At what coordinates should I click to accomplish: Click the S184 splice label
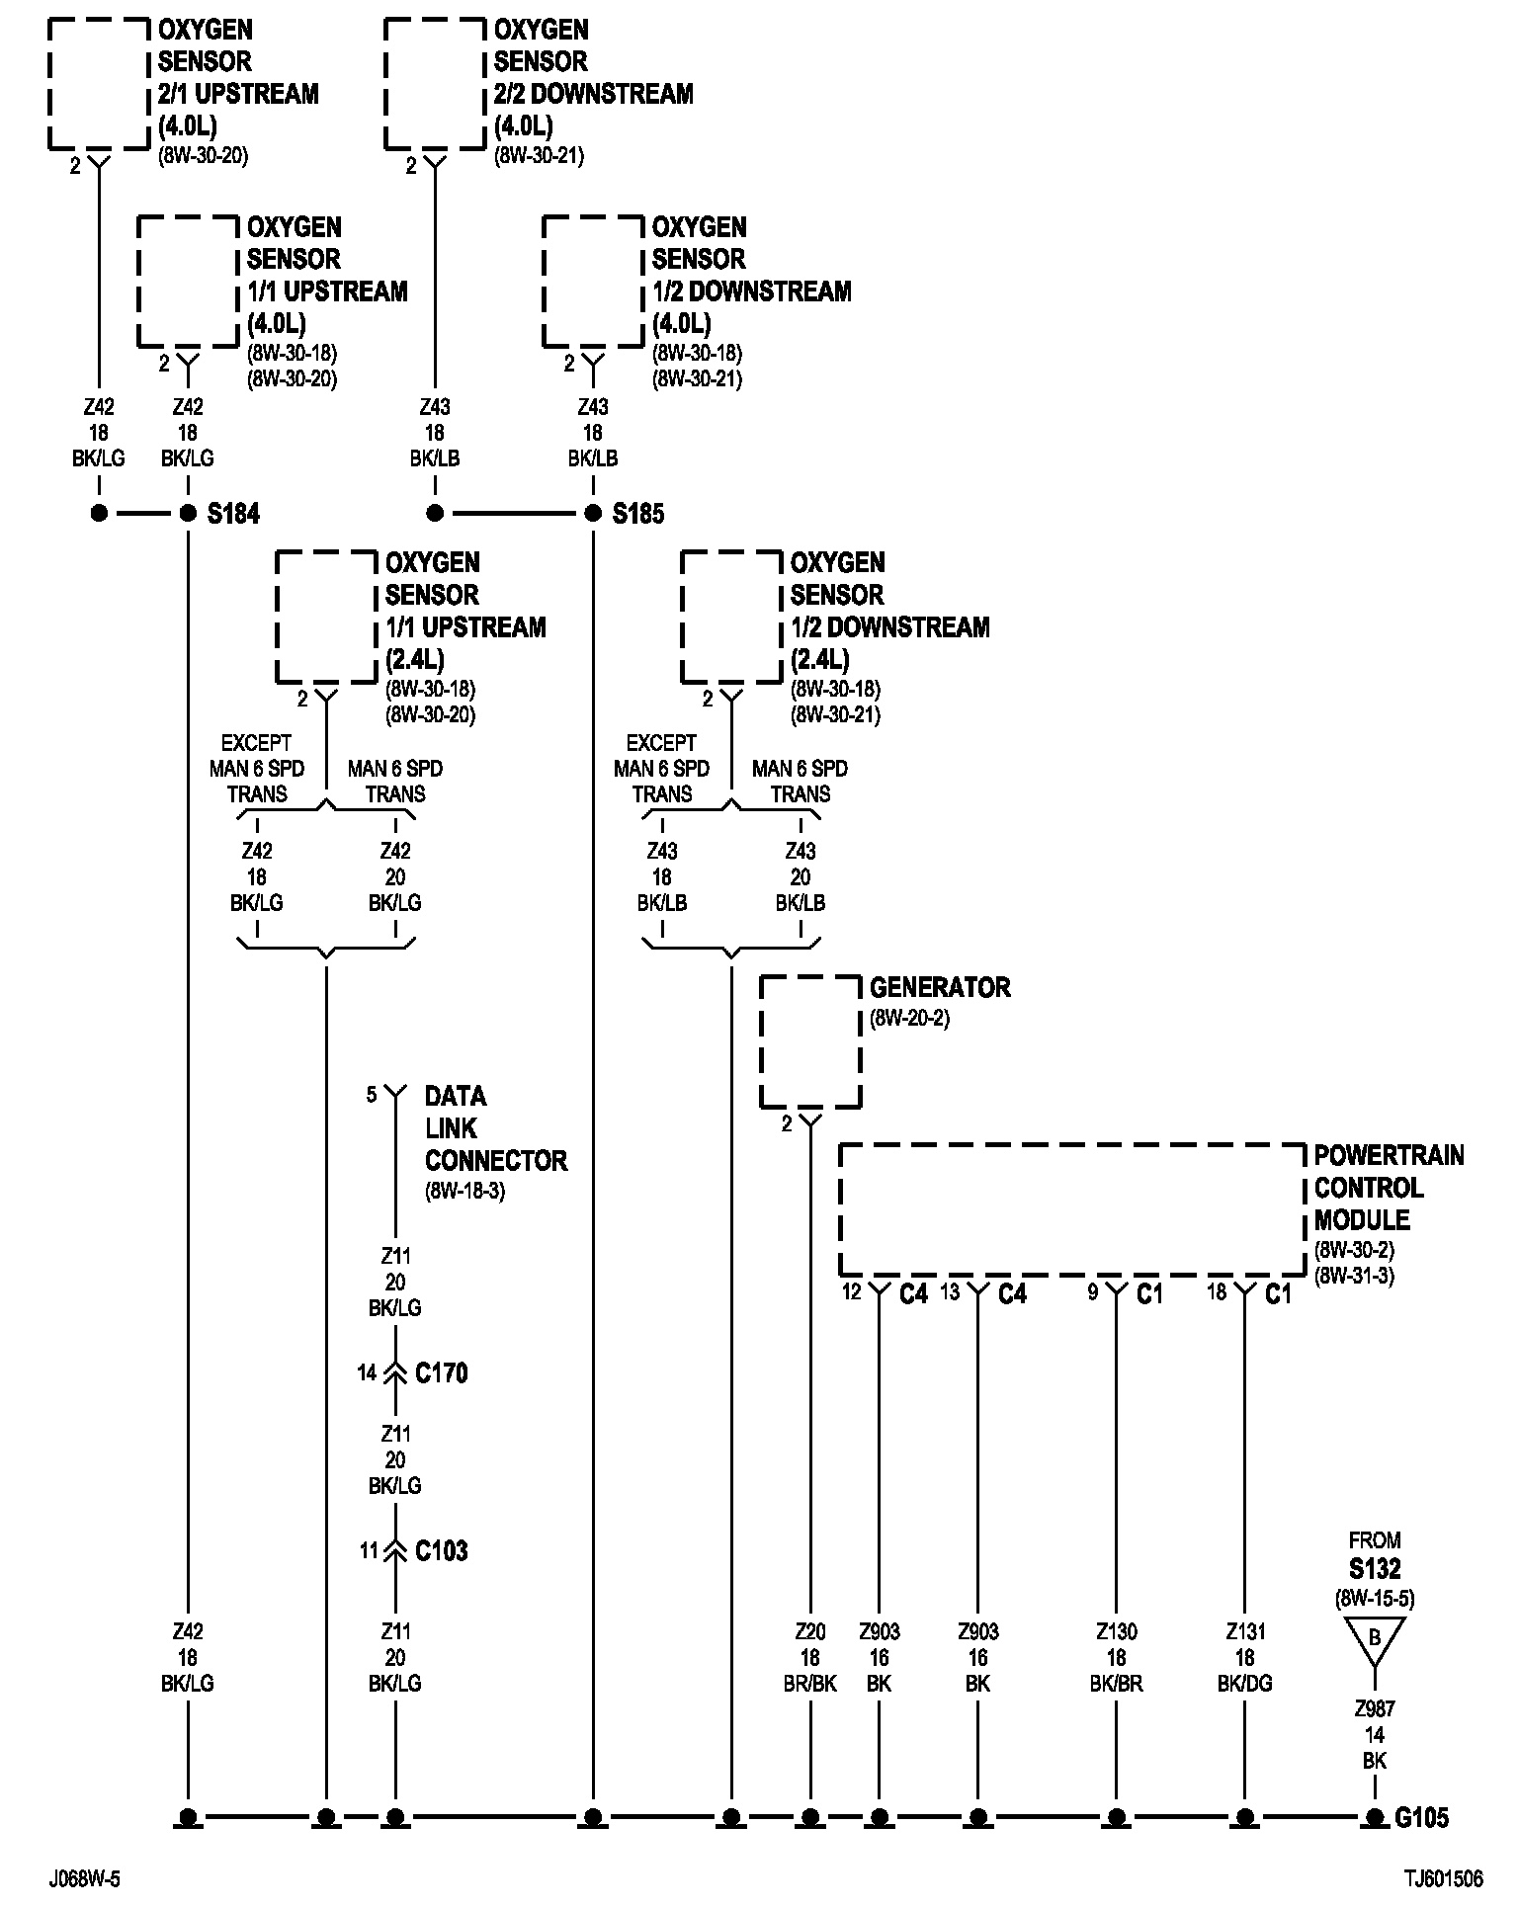point(233,514)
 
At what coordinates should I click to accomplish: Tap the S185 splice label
point(638,514)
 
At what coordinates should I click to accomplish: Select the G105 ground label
point(1421,1817)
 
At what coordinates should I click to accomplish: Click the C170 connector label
point(441,1373)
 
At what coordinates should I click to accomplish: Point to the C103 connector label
point(441,1551)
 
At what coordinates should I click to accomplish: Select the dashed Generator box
point(810,1041)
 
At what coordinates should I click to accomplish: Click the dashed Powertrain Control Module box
point(1072,1209)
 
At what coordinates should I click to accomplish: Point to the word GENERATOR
point(940,988)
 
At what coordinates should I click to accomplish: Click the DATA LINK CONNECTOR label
point(495,1127)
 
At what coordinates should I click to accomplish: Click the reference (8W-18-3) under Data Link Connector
point(464,1191)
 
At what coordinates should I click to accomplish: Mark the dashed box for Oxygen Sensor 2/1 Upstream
point(99,84)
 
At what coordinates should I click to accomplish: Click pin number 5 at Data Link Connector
point(372,1095)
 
